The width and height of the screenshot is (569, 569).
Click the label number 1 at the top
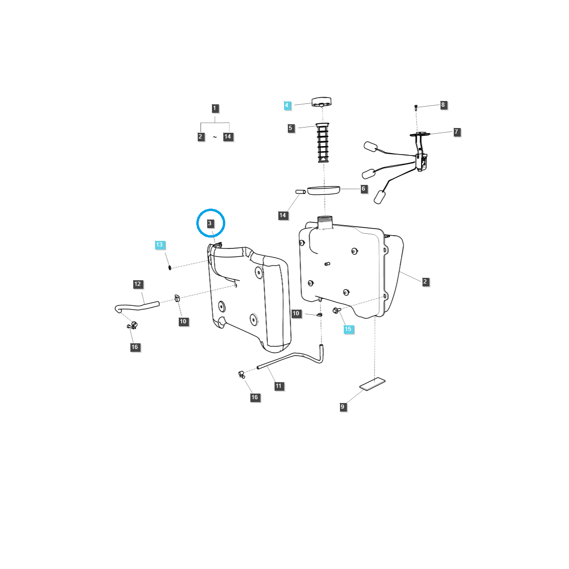point(214,108)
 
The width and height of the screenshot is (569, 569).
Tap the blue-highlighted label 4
point(287,105)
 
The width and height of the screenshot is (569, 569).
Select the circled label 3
point(210,223)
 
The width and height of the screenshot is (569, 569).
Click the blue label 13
point(159,245)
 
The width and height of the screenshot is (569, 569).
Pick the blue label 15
point(349,329)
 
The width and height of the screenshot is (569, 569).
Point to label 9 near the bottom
point(343,407)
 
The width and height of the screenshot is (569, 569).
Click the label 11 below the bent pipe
point(278,386)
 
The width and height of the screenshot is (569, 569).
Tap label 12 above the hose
point(138,284)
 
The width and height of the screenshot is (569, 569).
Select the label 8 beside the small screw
point(443,105)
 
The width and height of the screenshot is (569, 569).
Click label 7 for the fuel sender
point(457,132)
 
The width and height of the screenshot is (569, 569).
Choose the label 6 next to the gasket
point(364,189)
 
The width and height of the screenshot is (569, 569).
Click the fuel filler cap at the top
point(321,102)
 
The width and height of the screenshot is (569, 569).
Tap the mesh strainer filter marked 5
point(323,143)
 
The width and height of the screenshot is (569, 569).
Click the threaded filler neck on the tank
point(325,222)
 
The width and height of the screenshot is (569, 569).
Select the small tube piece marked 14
point(300,192)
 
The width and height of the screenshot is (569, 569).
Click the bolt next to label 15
point(336,311)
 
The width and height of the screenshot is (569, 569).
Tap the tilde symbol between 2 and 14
point(214,137)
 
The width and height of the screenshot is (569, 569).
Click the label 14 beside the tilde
point(228,137)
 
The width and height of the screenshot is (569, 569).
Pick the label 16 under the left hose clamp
point(135,347)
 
